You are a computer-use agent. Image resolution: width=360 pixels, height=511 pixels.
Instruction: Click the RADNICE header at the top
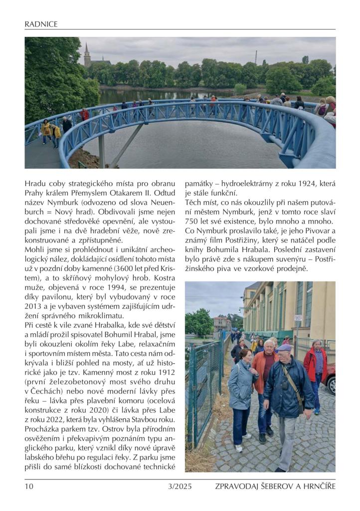pyautogui.click(x=41, y=24)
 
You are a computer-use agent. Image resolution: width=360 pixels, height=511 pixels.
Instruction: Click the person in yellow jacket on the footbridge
pyautogui.click(x=46, y=129)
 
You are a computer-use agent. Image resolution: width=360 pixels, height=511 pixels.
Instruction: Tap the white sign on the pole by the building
pyautogui.click(x=298, y=318)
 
